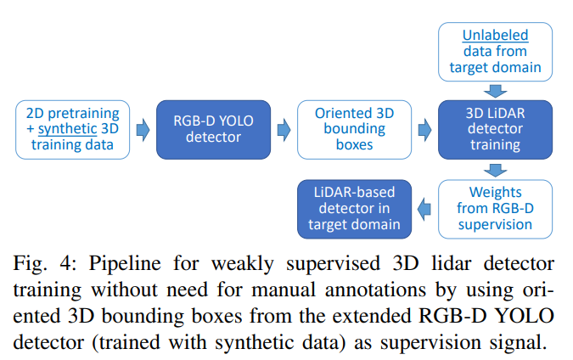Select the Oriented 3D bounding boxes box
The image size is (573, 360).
355,129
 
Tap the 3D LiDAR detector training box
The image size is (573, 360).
496,129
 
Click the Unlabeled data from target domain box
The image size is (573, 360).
496,50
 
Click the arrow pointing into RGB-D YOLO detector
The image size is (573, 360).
143,129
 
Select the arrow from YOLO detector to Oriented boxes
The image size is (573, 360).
284,129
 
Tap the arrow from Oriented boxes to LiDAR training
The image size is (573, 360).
425,129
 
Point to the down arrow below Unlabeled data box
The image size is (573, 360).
496,87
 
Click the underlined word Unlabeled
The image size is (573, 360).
495,36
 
